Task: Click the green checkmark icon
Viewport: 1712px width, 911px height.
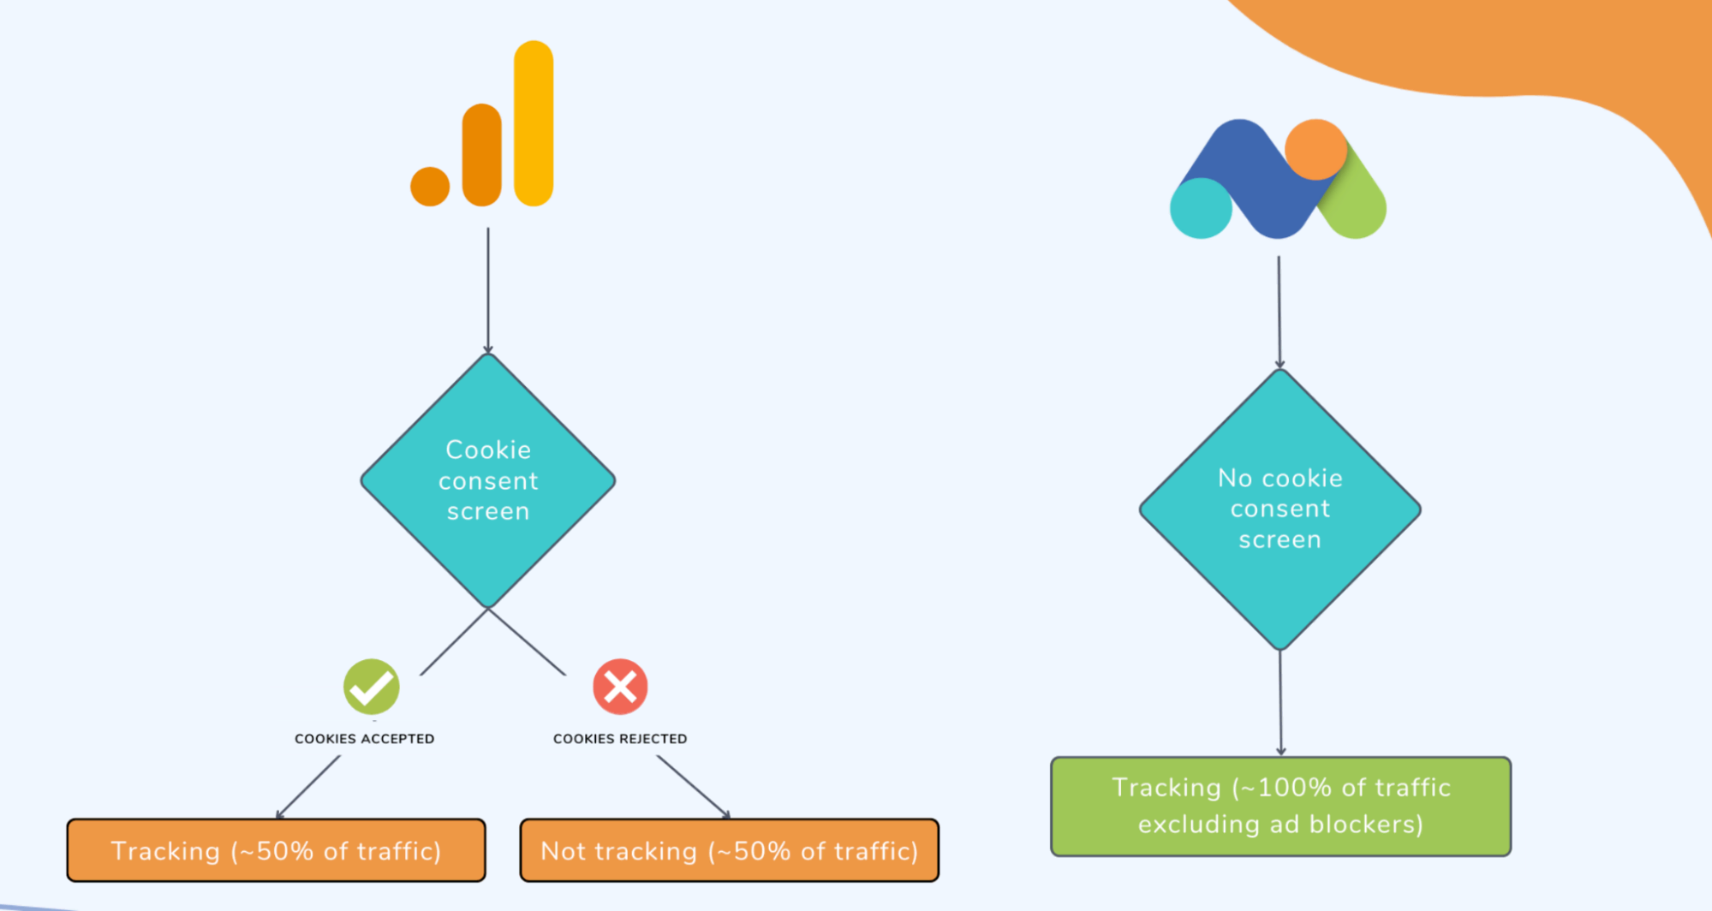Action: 371,687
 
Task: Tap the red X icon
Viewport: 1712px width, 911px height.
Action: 620,687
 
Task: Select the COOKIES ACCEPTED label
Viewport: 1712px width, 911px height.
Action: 364,739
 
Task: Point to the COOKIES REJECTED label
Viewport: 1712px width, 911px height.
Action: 620,739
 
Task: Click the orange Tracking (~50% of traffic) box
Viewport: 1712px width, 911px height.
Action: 276,850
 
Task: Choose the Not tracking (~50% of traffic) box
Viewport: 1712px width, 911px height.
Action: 729,850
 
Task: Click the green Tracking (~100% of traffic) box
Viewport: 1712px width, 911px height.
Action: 1280,806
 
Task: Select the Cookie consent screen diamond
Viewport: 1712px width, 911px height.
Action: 488,480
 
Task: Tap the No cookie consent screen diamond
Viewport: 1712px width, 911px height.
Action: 1280,509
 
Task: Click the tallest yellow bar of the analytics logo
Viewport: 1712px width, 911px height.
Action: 534,123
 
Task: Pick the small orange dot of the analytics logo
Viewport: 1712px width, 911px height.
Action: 430,187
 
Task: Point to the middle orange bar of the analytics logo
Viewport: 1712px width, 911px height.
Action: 481,155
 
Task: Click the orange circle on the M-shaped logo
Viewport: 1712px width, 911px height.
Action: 1315,149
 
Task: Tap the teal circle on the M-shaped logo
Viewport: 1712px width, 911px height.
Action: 1201,208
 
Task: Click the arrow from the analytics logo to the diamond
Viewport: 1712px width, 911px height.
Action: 488,291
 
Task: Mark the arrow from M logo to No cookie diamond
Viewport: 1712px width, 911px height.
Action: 1280,313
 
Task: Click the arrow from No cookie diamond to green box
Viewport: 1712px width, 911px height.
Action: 1280,702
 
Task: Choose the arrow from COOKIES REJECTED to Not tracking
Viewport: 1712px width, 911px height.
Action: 693,787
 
